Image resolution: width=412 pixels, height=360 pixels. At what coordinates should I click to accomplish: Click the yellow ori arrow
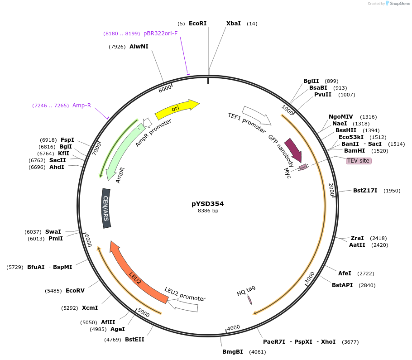[x=177, y=109]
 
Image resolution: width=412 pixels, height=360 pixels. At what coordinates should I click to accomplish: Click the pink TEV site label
[x=358, y=161]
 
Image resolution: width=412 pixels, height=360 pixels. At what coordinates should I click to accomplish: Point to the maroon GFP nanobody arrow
[x=293, y=149]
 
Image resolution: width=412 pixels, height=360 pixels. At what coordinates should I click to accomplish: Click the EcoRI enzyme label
[x=197, y=24]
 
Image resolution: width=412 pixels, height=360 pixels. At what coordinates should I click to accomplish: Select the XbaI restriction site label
[x=234, y=24]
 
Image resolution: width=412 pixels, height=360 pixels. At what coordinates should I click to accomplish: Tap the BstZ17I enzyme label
[x=365, y=191]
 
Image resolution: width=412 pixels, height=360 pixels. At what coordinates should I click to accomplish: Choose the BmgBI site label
[x=232, y=352]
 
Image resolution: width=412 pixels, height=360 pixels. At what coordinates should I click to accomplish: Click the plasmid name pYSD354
[x=208, y=204]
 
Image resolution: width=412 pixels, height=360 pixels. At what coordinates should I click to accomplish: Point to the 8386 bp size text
[x=208, y=211]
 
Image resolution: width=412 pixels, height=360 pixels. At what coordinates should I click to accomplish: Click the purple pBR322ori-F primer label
[x=160, y=34]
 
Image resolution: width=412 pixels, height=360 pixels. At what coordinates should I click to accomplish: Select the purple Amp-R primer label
[x=81, y=106]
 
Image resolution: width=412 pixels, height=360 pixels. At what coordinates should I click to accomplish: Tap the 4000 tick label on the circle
[x=233, y=327]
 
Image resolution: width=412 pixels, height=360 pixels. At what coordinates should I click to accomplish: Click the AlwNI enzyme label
[x=139, y=47]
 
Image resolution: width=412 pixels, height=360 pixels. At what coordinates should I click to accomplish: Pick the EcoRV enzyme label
[x=75, y=291]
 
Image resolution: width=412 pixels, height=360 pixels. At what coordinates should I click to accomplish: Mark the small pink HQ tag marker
[x=250, y=300]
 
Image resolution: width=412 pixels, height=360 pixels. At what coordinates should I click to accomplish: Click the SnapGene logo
[x=397, y=4]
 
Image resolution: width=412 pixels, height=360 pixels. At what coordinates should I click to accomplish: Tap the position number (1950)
[x=392, y=191]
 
